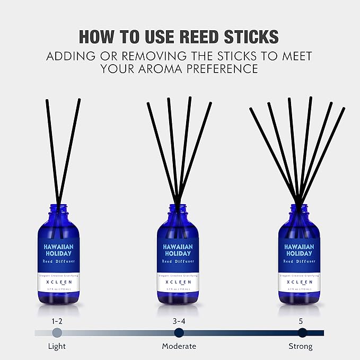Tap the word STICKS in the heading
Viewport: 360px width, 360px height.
pyautogui.click(x=252, y=36)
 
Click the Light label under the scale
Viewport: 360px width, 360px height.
pyautogui.click(x=57, y=346)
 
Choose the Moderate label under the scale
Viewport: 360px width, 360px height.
pyautogui.click(x=179, y=346)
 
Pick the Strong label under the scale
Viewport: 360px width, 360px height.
pyautogui.click(x=301, y=346)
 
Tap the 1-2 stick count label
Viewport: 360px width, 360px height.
pyautogui.click(x=57, y=320)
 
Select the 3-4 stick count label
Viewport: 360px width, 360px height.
pyautogui.click(x=179, y=320)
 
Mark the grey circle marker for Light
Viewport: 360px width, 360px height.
pyautogui.click(x=57, y=332)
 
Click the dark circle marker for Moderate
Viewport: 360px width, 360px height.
pyautogui.click(x=179, y=332)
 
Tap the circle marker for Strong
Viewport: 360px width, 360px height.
pyautogui.click(x=302, y=332)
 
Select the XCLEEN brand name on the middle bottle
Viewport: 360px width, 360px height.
pyautogui.click(x=179, y=284)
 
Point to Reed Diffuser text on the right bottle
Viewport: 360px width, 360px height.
pyautogui.click(x=300, y=261)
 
